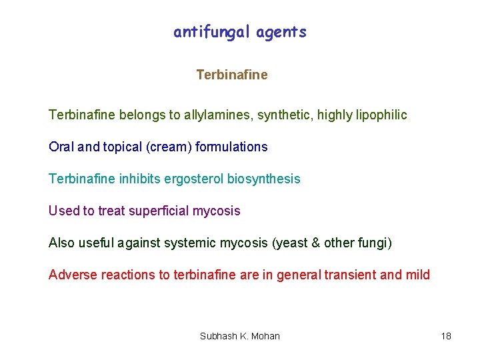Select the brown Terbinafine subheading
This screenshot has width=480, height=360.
coord(232,75)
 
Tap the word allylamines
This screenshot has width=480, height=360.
coord(215,115)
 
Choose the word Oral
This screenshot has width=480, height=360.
coord(62,147)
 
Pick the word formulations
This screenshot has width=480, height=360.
coord(231,147)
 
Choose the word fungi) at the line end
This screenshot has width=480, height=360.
coord(375,243)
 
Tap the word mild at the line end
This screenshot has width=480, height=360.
coord(417,275)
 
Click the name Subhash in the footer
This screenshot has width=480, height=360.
coord(217,336)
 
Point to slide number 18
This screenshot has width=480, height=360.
coord(446,336)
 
